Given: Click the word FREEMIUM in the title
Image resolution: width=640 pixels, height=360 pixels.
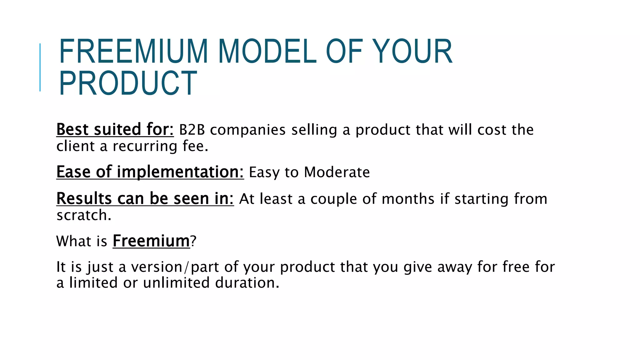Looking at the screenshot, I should (133, 51).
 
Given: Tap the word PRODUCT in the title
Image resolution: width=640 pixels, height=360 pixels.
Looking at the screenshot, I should (128, 83).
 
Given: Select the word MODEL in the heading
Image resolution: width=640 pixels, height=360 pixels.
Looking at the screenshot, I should (267, 51).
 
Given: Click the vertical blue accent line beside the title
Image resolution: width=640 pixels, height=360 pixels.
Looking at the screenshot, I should (40, 67).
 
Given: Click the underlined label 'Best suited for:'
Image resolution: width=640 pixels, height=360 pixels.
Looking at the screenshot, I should (115, 130).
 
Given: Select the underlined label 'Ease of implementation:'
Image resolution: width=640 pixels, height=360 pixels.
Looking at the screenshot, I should (150, 172).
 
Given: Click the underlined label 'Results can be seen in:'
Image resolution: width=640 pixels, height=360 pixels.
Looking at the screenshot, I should (145, 199).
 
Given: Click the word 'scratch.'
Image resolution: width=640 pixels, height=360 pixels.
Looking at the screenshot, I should (84, 215).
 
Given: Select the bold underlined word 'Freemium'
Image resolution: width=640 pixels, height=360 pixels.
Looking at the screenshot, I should (151, 241).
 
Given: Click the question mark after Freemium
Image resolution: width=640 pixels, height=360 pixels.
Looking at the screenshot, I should (193, 241).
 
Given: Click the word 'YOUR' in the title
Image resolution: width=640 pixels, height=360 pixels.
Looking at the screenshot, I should (412, 51).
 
